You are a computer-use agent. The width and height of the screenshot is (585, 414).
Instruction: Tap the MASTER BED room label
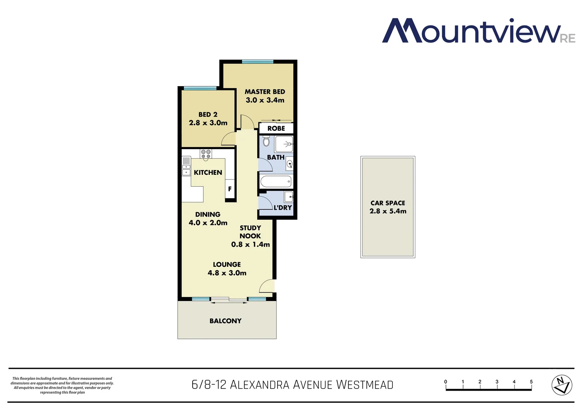265,92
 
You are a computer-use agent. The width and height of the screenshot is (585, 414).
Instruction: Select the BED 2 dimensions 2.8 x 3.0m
208,123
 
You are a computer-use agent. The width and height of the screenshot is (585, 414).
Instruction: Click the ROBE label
276,128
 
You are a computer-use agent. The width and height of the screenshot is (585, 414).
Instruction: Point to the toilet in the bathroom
266,141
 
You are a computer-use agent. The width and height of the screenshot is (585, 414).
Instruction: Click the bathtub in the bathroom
276,181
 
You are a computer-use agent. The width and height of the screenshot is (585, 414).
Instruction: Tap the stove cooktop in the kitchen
206,154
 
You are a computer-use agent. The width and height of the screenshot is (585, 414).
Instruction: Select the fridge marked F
230,189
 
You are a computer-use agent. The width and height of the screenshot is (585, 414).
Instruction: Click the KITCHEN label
208,172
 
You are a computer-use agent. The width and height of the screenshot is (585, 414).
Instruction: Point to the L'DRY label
283,207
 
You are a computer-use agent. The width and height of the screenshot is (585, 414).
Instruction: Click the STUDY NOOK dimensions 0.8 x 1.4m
250,245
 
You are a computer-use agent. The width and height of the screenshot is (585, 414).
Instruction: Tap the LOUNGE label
227,264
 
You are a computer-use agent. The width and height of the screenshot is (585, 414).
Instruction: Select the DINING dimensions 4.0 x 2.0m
208,223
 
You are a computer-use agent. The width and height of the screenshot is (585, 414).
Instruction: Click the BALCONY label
226,321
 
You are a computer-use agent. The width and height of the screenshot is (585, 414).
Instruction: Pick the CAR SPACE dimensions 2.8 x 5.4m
388,211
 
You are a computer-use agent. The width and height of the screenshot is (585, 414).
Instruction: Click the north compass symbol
562,385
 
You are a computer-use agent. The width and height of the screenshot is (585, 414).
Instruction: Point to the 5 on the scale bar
531,382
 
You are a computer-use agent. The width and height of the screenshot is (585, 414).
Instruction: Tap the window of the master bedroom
258,62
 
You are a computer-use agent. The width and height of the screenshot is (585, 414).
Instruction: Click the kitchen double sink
186,170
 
